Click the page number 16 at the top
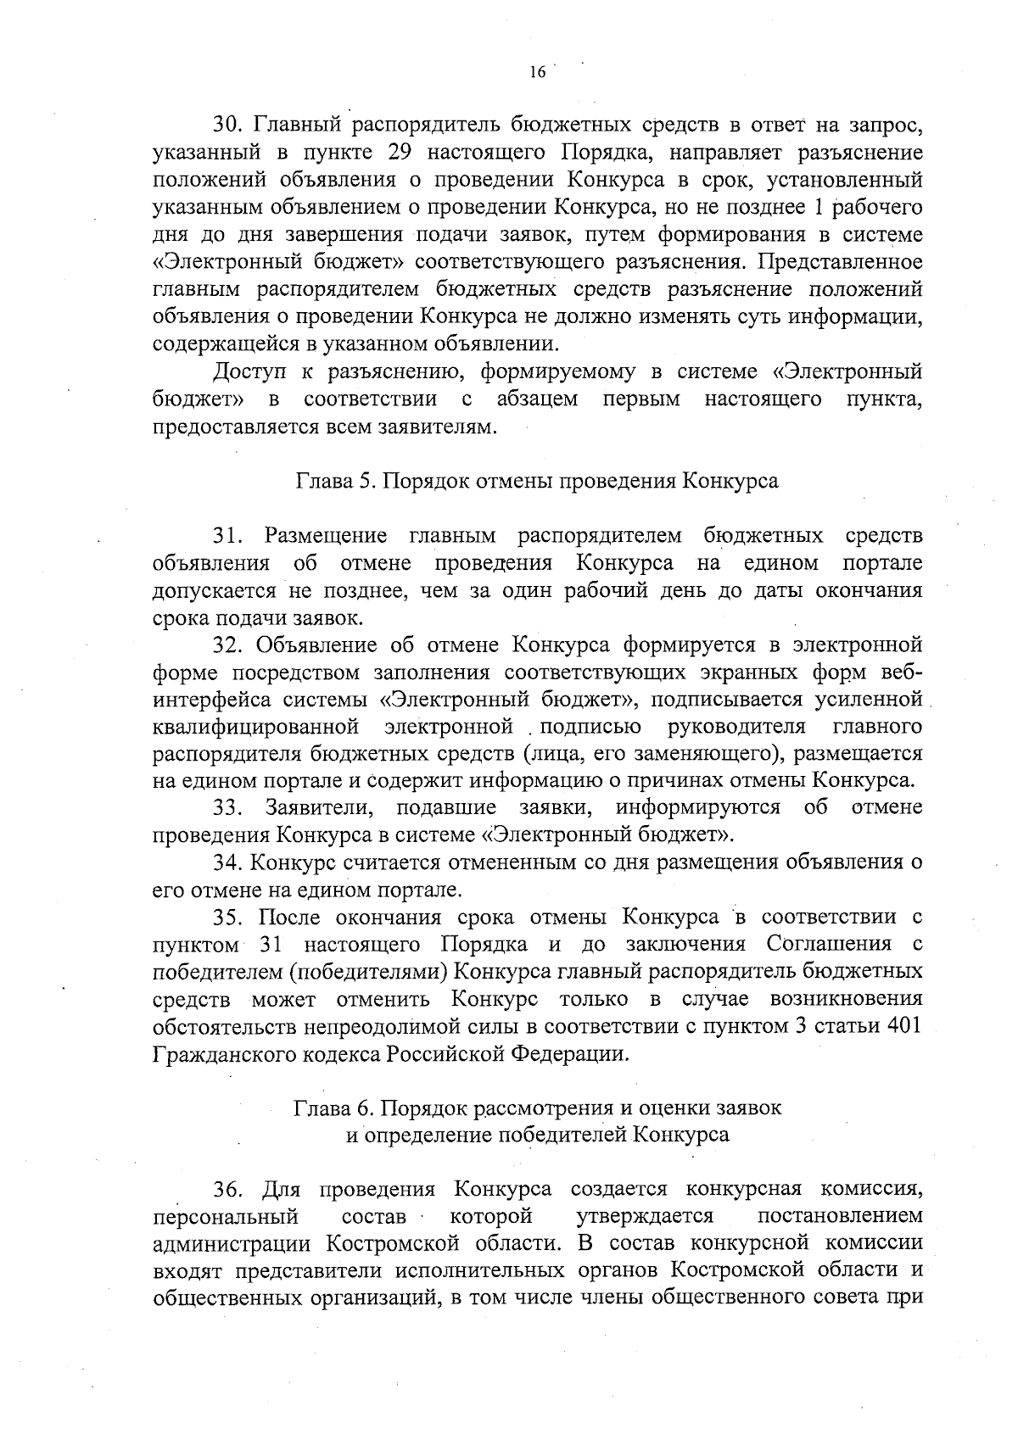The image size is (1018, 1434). click(x=536, y=73)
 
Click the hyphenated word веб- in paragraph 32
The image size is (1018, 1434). click(x=901, y=672)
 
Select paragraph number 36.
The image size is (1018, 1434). click(x=229, y=1190)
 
